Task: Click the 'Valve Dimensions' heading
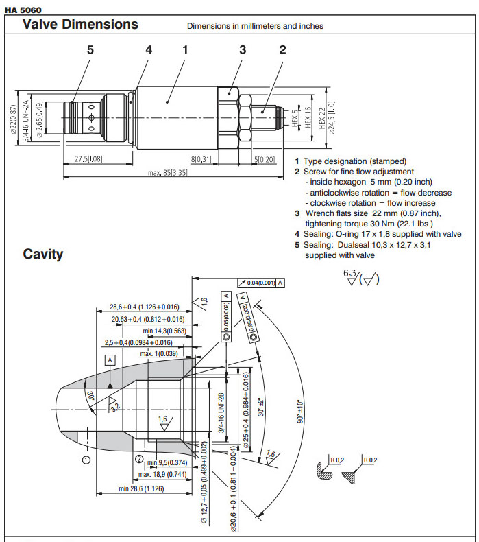coord(80,25)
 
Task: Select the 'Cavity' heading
coord(43,254)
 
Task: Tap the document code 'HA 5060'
coord(23,9)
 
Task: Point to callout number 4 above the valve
coord(149,49)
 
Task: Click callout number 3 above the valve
coord(243,49)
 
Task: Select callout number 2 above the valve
coord(282,49)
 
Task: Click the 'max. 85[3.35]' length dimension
coord(167,172)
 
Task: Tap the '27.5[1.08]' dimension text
coord(88,159)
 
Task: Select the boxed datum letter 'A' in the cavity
coord(110,360)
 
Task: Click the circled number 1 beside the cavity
coord(86,460)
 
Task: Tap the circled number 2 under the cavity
coord(139,460)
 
